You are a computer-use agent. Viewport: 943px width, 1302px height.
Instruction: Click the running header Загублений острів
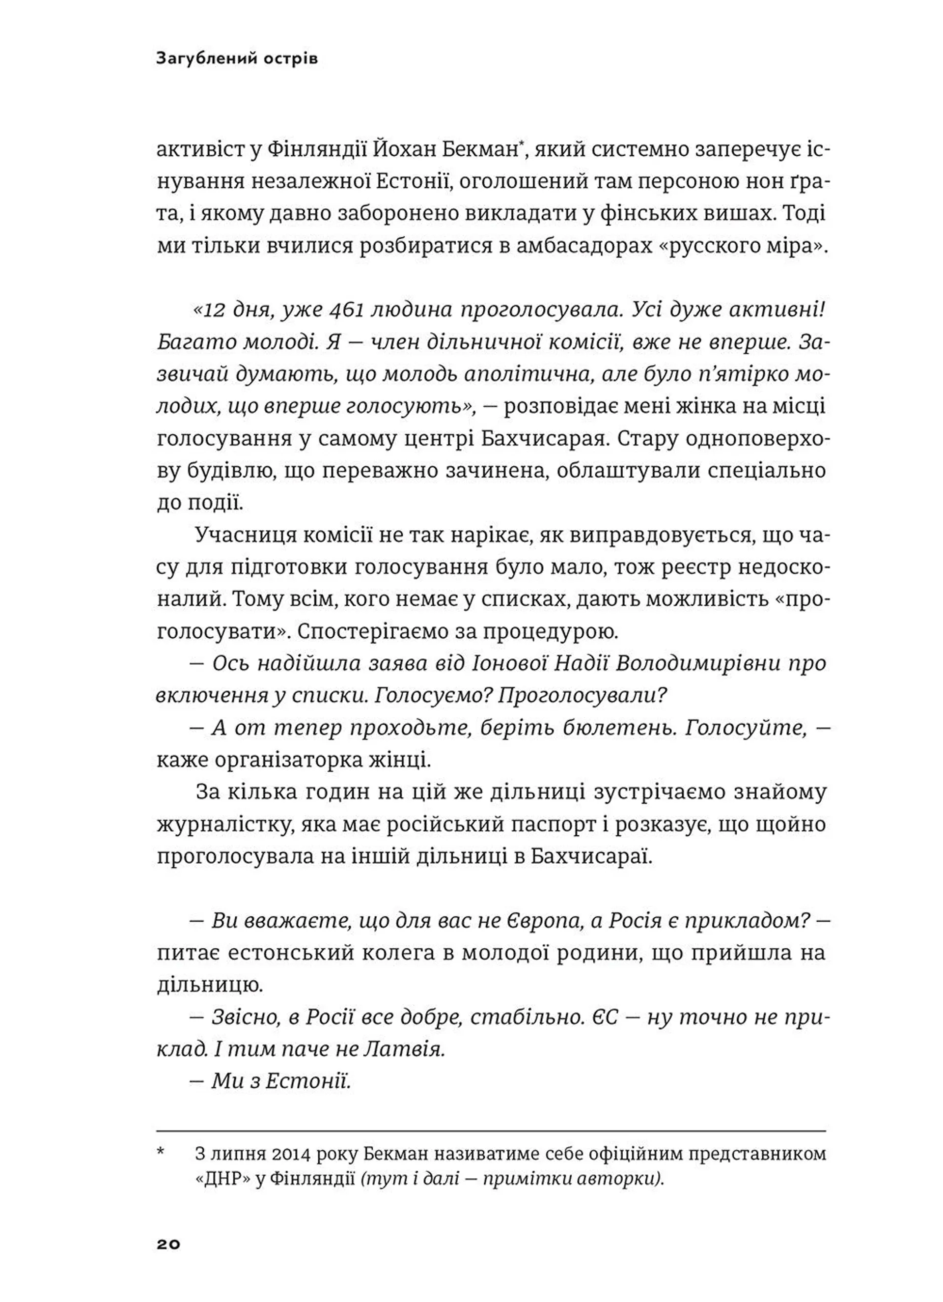click(236, 59)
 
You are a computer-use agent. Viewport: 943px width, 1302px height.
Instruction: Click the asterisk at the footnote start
click(161, 1152)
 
